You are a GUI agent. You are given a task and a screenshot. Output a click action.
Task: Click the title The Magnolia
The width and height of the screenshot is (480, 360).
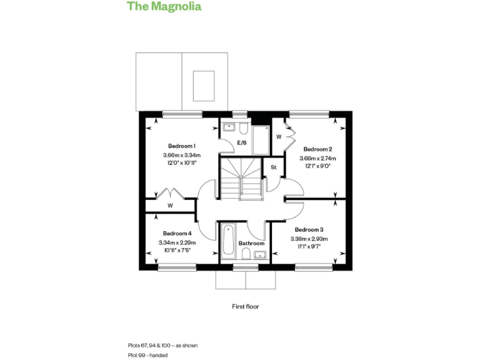164,7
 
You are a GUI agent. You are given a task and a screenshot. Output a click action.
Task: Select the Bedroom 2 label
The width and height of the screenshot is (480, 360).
317,149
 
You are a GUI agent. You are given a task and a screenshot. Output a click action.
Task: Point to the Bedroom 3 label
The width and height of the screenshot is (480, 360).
309,229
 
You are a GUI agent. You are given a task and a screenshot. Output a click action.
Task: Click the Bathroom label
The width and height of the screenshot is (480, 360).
251,243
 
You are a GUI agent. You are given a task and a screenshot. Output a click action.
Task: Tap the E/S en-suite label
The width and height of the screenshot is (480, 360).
241,143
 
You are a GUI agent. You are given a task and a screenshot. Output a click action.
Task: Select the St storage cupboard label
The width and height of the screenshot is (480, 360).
273,168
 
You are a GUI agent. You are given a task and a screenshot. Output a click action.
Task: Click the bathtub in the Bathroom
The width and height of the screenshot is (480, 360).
228,242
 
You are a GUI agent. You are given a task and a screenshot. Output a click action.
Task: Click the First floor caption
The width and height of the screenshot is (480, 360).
244,307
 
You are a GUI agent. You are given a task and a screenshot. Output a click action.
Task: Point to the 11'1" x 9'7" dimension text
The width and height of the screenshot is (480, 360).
309,247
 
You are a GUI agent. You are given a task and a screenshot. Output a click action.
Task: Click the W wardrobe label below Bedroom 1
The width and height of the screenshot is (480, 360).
170,206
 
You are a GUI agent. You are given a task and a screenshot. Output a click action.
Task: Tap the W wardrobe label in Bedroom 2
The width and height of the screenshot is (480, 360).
279,136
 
